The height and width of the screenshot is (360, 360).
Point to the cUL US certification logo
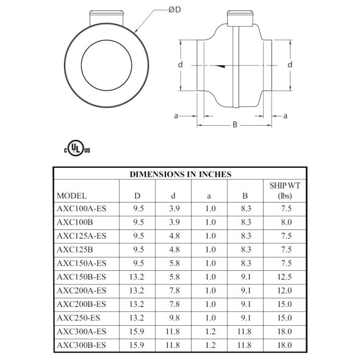tap(73, 148)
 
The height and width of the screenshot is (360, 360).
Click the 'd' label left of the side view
tap(181, 64)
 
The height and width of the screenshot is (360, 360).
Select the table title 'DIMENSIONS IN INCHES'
tap(180, 174)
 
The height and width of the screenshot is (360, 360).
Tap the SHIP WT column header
tap(284, 190)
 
